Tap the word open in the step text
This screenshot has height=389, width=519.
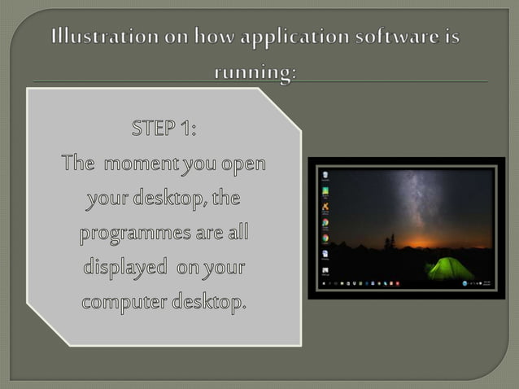[245, 164]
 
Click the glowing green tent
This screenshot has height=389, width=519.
[450, 268]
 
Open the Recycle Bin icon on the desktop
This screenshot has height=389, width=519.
[325, 175]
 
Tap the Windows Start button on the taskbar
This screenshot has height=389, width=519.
[325, 283]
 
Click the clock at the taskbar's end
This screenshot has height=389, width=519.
[487, 283]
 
